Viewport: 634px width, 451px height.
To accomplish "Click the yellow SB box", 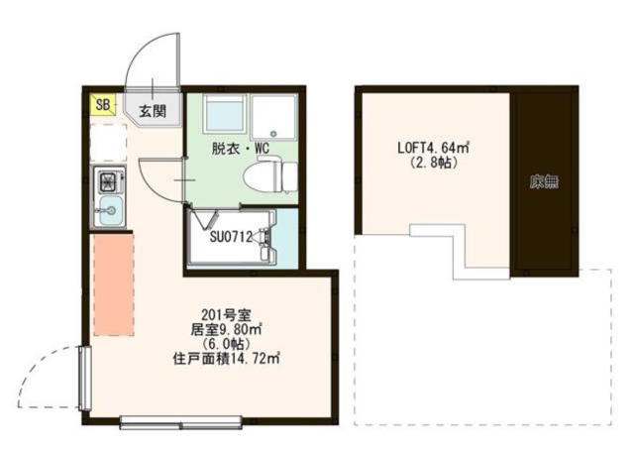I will [x=102, y=104].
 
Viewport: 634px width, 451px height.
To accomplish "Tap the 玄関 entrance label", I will [x=152, y=109].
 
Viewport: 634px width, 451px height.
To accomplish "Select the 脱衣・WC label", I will [x=241, y=150].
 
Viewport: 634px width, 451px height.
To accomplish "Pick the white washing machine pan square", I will [x=274, y=116].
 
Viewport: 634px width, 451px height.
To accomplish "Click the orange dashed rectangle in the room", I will [x=113, y=284].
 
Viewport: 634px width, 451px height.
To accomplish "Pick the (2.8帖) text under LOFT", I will [x=433, y=164].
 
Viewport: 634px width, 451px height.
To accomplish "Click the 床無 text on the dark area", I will [x=543, y=181].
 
